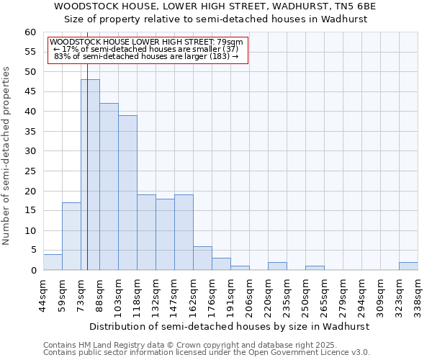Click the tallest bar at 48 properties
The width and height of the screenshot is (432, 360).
(x=90, y=175)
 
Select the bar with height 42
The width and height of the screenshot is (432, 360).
(x=109, y=186)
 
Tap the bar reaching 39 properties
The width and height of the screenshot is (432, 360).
(x=127, y=193)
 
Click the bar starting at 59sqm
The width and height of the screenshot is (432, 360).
(x=71, y=236)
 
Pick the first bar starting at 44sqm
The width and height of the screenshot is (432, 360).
(x=53, y=262)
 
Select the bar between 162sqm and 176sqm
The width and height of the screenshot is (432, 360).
(x=202, y=258)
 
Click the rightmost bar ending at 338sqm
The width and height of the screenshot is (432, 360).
(x=408, y=266)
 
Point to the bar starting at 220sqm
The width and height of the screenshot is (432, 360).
(x=277, y=266)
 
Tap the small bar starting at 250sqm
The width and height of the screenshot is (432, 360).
(x=315, y=268)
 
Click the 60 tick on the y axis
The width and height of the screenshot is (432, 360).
(x=30, y=32)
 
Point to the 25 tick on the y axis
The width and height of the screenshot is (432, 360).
(x=30, y=171)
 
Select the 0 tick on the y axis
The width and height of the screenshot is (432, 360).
(x=33, y=271)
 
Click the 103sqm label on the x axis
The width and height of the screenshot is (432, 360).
(x=118, y=291)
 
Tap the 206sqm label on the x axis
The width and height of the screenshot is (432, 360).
(x=249, y=291)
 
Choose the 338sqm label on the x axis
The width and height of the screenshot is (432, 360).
(x=418, y=291)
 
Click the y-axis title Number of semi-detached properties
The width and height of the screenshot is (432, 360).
(x=6, y=156)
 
